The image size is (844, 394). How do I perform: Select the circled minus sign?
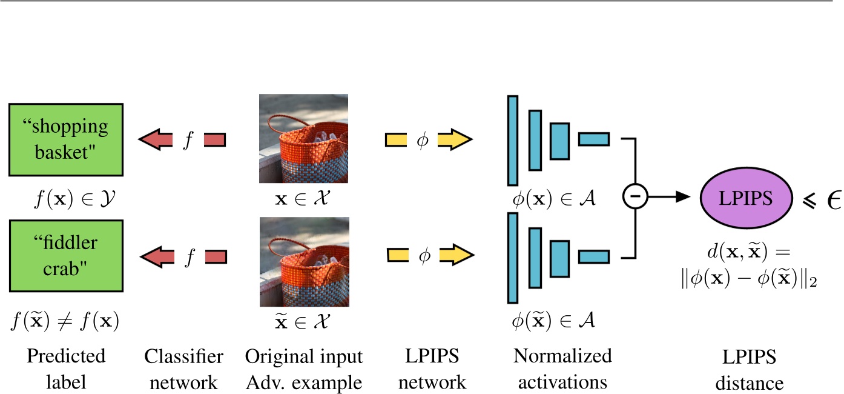coord(634,196)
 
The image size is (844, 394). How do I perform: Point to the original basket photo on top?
coord(303,139)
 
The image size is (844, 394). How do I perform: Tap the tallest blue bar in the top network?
coord(513,141)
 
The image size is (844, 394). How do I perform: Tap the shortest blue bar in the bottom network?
coord(593,257)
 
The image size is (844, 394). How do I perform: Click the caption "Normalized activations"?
coord(562,369)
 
